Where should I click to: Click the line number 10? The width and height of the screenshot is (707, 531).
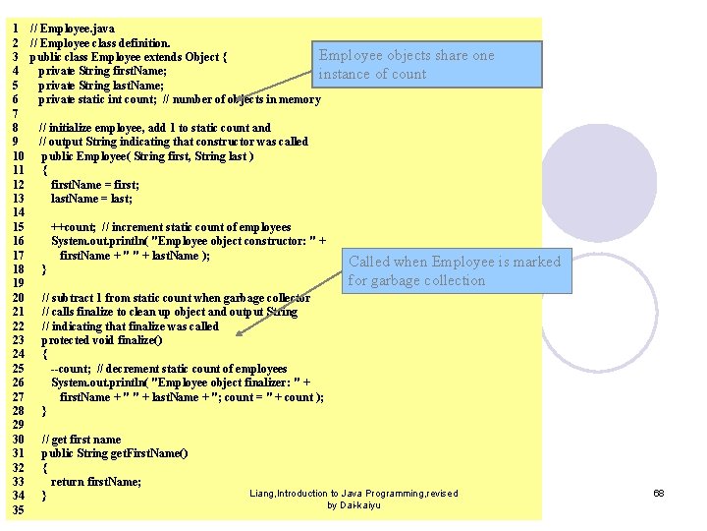[19, 156]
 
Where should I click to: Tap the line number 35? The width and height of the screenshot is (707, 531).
[19, 510]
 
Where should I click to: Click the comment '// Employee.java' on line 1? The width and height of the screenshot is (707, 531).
[72, 29]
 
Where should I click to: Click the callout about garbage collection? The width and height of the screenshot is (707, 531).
[455, 270]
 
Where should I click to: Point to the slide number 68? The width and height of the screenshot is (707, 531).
[659, 493]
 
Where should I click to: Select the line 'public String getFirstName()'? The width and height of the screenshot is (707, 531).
[114, 453]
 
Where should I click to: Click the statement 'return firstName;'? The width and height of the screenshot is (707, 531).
[95, 482]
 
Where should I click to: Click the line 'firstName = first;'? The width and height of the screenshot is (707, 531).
[94, 185]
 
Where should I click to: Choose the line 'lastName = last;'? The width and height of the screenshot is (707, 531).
[91, 199]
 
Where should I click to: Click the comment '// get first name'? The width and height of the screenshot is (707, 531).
[81, 440]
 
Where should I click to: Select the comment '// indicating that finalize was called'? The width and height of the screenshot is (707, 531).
[130, 326]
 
